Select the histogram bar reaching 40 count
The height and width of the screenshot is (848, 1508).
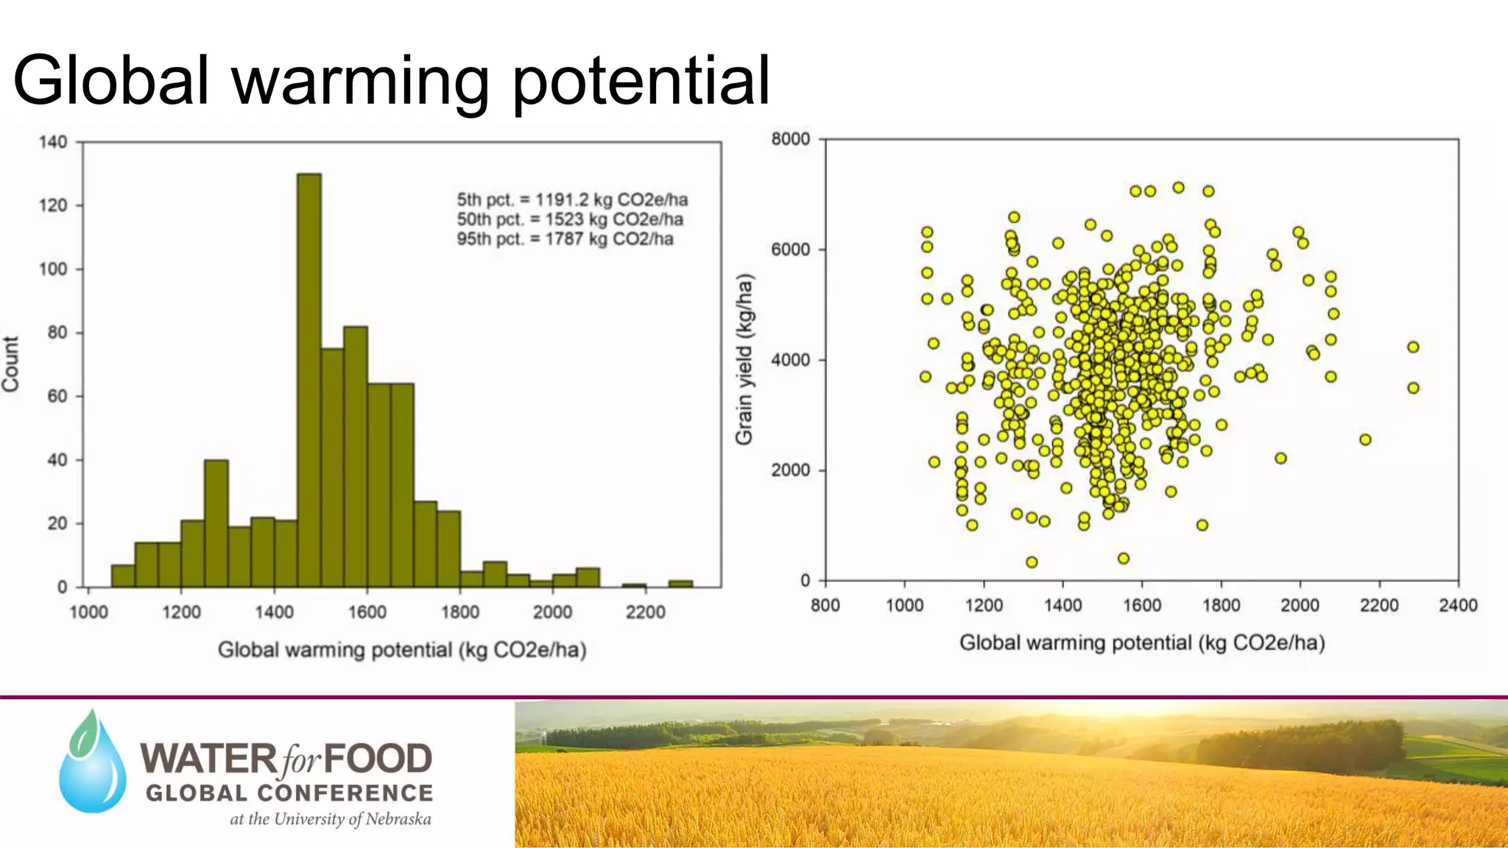point(216,524)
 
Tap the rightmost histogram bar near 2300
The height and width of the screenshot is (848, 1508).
point(680,584)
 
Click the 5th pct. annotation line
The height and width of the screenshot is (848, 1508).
point(572,199)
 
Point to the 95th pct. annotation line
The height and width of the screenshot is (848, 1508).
point(565,239)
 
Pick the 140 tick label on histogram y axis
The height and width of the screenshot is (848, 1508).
point(52,141)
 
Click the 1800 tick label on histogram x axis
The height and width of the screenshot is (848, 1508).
point(459,612)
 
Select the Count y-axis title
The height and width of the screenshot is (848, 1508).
point(10,364)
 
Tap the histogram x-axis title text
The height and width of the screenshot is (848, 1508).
point(402,650)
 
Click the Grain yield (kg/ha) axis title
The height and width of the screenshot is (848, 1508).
point(744,359)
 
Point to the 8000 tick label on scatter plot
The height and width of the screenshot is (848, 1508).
point(790,138)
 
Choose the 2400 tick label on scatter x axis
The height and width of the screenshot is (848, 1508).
point(1457,605)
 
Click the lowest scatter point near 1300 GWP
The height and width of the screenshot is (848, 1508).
point(1032,562)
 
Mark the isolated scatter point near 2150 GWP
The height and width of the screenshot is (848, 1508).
point(1365,439)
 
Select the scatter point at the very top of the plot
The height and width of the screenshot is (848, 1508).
point(1178,188)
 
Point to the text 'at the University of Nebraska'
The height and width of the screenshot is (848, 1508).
point(331,819)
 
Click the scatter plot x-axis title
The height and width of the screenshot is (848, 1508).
point(1141,643)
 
